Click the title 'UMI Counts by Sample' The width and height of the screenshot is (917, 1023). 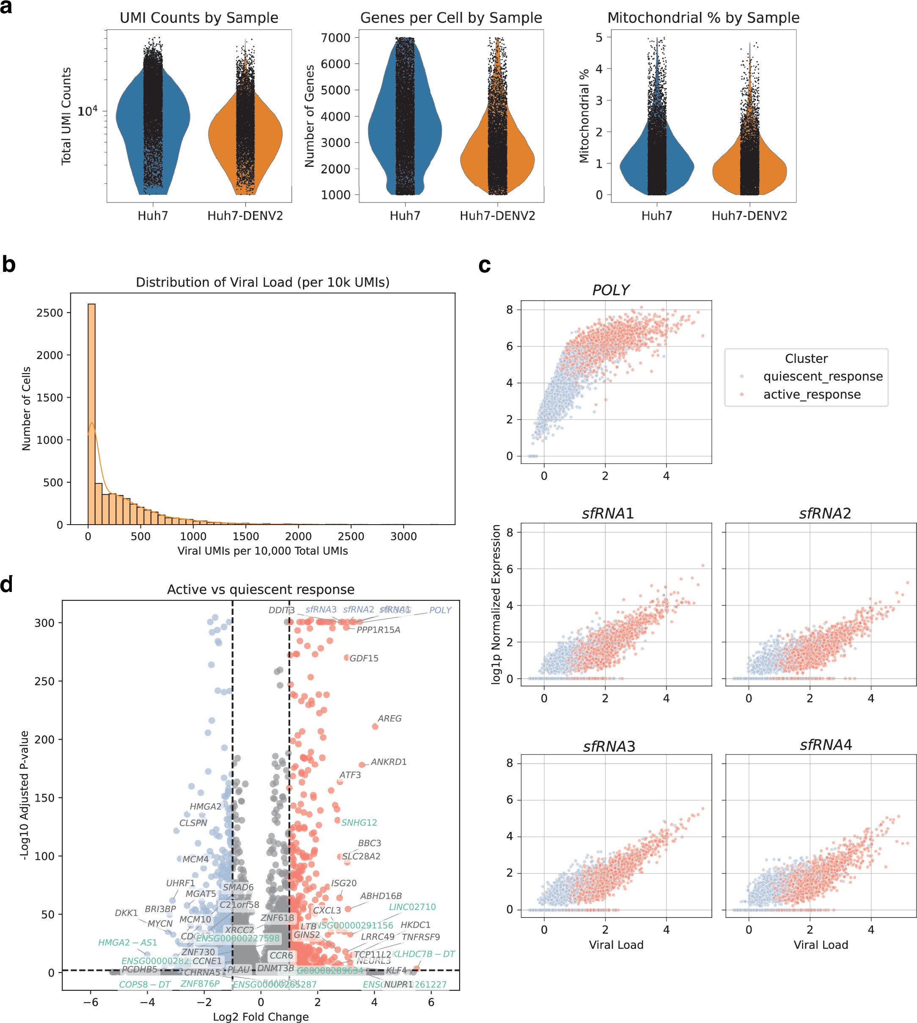198,18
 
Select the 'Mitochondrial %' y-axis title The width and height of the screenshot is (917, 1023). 584,116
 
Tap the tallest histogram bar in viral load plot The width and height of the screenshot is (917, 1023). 91,413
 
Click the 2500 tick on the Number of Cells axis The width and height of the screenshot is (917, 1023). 50,312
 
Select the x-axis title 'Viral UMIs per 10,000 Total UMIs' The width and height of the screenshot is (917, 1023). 262,550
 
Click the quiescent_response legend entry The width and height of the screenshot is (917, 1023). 822,376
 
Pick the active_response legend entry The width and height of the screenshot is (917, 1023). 811,394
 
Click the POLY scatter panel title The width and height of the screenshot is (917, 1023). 610,290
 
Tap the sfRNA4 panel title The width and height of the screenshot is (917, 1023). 825,745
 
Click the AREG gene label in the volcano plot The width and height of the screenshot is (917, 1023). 389,719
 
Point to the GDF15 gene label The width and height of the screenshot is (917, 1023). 364,658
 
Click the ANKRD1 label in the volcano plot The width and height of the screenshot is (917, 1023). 388,762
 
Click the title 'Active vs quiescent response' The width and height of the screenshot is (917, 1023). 261,589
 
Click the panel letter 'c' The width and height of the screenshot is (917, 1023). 484,265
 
